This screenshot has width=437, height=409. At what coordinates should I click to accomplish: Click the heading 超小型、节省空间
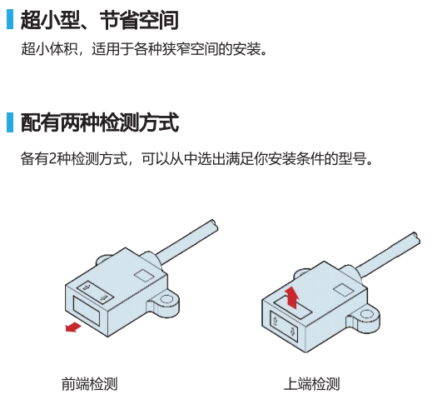100,19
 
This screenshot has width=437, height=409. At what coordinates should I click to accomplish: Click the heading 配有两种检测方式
100,122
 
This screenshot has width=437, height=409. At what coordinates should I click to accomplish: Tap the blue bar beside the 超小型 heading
10,19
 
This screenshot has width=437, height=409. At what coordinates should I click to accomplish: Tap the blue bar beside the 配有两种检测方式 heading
10,122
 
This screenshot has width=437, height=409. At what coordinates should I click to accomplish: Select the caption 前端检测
89,384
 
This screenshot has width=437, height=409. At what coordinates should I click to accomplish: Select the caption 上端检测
311,384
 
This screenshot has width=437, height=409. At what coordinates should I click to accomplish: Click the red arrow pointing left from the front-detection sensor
73,327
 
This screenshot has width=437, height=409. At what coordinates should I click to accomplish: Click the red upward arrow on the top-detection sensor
292,297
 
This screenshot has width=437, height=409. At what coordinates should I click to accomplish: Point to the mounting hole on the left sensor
166,299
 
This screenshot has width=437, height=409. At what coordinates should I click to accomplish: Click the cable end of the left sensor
214,224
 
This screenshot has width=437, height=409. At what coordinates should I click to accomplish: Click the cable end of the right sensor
416,237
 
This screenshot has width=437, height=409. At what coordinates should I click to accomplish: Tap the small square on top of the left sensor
144,276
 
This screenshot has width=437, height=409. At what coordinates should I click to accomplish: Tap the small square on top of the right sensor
344,290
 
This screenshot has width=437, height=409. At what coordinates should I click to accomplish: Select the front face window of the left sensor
87,311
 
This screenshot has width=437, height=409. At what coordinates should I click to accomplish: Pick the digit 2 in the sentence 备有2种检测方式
52,159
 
